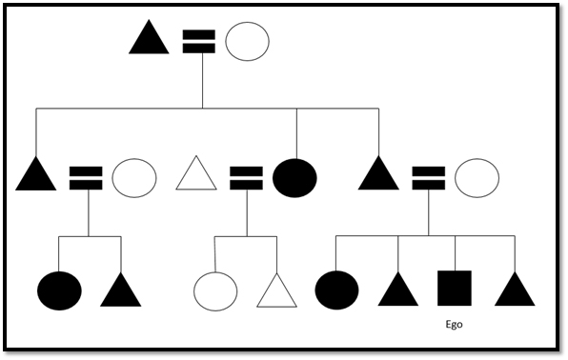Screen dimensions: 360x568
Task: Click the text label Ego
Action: (x=454, y=325)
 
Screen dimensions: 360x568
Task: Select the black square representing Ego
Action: (x=455, y=290)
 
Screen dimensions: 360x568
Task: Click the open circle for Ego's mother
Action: (x=476, y=177)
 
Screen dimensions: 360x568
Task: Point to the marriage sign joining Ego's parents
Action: (x=427, y=177)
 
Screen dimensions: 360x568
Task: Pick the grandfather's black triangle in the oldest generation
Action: (x=149, y=41)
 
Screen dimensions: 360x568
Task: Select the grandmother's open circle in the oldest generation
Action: (x=247, y=42)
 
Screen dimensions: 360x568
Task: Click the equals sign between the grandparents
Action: (x=198, y=41)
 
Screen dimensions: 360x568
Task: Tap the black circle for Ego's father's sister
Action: (x=294, y=177)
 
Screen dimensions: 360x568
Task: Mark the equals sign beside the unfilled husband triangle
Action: (x=246, y=177)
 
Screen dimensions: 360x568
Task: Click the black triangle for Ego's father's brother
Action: (x=37, y=175)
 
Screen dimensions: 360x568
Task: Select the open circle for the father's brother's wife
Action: (x=134, y=177)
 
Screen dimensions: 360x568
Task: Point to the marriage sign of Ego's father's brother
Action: (x=86, y=177)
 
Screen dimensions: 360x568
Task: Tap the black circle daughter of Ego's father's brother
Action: (x=59, y=290)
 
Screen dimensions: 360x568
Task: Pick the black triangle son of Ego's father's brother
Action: (x=120, y=290)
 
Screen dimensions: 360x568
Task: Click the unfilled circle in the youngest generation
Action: (x=215, y=290)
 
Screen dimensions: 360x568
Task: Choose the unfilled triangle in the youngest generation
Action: (x=276, y=290)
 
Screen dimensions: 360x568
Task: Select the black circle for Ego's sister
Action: (x=336, y=290)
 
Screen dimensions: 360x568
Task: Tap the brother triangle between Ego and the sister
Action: (x=398, y=290)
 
